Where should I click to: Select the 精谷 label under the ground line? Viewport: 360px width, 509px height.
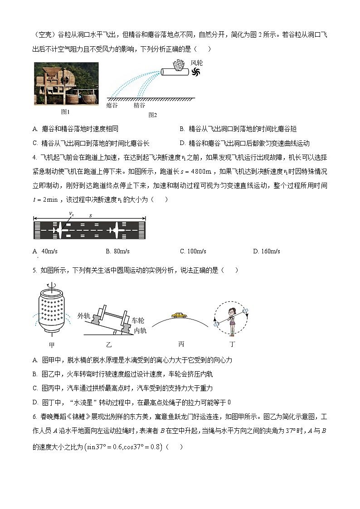coord(139,105)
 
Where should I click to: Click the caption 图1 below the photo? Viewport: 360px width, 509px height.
coord(65,111)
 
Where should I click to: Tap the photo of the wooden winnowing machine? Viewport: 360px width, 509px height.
coord(66,83)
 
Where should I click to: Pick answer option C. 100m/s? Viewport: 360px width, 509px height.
coord(193,251)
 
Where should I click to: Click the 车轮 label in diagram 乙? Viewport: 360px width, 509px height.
coord(138,320)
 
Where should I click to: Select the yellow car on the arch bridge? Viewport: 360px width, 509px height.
coord(179,315)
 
